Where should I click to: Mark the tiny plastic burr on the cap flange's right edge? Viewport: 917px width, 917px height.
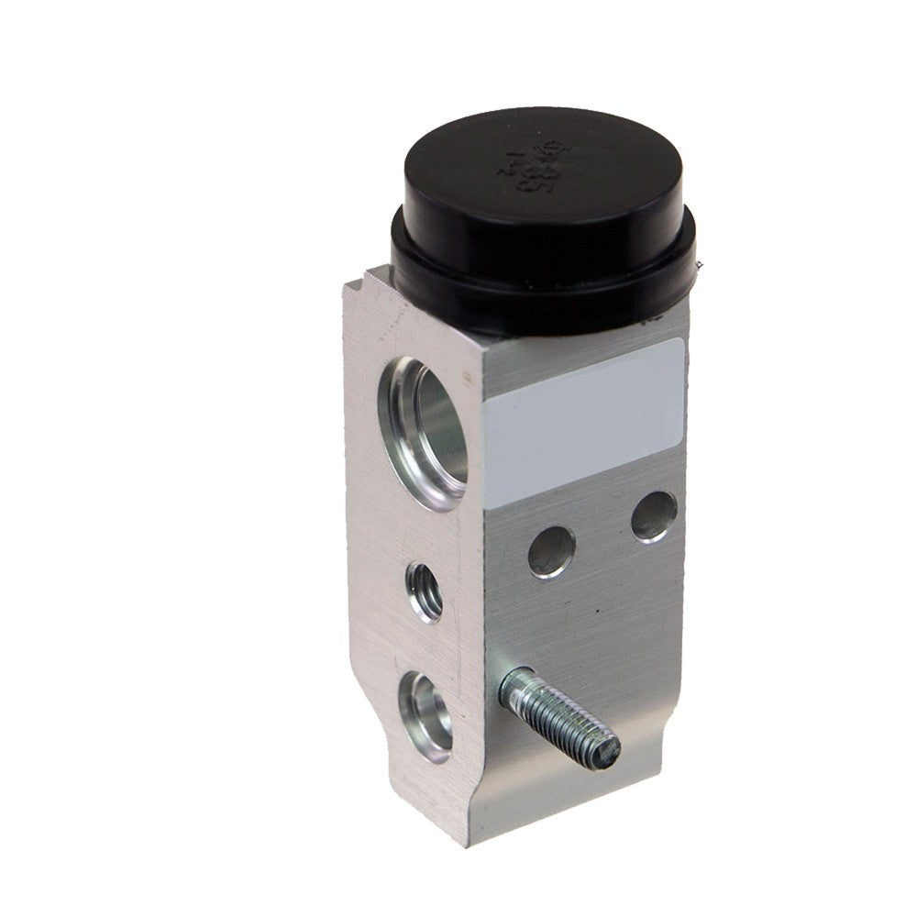(x=701, y=266)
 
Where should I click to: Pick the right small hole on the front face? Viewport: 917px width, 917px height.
(x=652, y=515)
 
